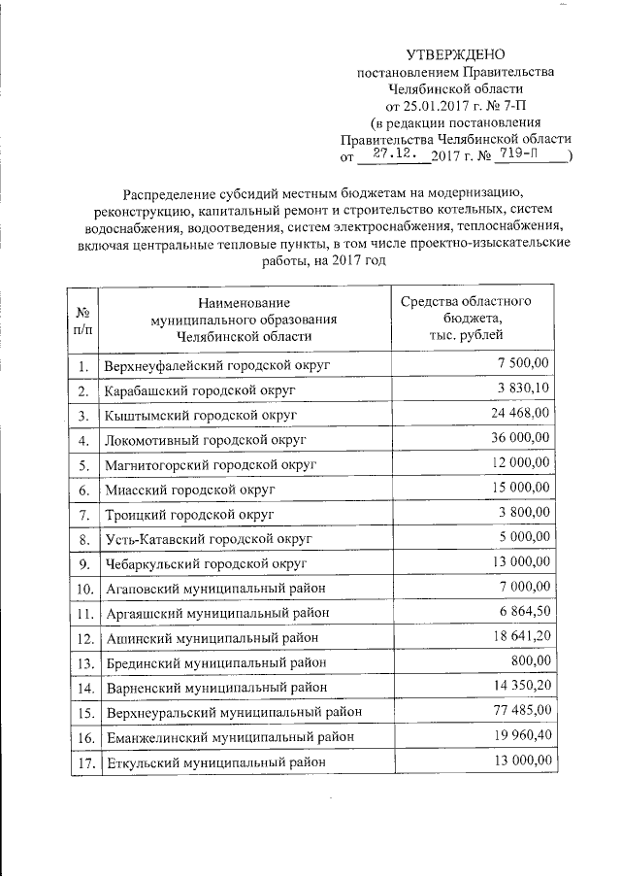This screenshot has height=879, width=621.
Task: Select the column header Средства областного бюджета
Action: (x=465, y=318)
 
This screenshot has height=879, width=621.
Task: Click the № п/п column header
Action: (x=84, y=321)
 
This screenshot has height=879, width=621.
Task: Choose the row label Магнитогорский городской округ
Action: (x=211, y=464)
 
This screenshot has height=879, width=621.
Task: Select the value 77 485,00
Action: (x=519, y=711)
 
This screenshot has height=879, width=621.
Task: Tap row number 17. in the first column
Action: (x=84, y=762)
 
